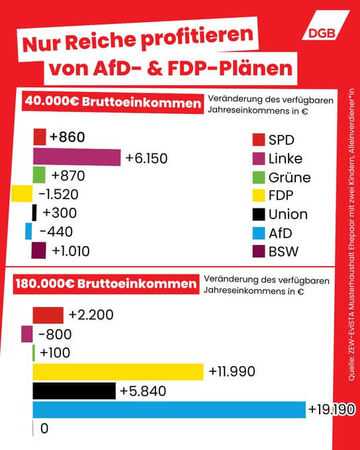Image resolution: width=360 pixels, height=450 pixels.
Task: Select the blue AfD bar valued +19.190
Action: tap(169, 410)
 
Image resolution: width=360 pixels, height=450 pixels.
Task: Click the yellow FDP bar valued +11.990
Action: tap(118, 372)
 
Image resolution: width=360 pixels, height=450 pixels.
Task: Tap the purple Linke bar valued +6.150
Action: tap(77, 157)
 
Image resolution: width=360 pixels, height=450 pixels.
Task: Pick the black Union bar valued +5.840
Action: tap(74, 391)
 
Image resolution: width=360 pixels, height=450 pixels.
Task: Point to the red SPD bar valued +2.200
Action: tap(48, 315)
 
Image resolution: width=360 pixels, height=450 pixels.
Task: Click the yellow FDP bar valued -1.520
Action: tap(22, 194)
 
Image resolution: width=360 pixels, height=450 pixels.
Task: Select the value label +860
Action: tap(67, 138)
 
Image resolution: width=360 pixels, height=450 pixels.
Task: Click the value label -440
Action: tap(56, 232)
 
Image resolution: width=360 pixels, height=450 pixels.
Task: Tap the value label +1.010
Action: tap(69, 251)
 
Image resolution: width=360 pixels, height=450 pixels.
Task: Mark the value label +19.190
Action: tap(332, 410)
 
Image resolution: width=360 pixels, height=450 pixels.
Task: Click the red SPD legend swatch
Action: tap(259, 140)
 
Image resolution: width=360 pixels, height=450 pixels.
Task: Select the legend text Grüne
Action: tap(289, 177)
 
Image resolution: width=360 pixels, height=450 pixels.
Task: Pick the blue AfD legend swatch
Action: tap(259, 233)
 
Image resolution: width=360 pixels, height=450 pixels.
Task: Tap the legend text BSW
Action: tap(284, 251)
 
